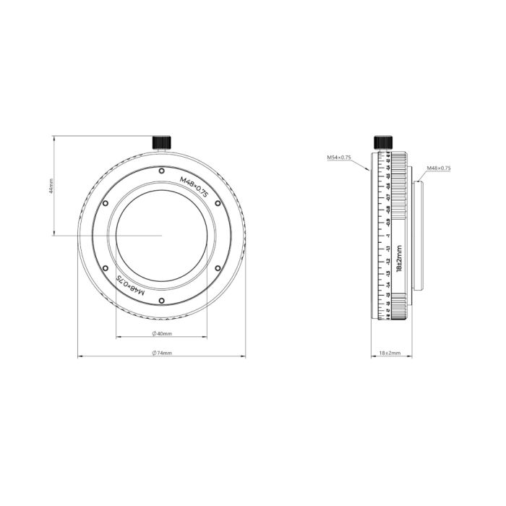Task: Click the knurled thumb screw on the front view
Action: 161,142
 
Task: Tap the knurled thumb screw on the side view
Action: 383,142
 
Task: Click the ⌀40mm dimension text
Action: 161,333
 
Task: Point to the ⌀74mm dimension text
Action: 161,353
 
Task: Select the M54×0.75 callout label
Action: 338,157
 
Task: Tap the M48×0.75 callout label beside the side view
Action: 438,168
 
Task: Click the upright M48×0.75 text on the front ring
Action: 194,188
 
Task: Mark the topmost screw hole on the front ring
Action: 161,171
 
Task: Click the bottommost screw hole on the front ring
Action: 161,300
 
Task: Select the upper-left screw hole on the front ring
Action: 106,203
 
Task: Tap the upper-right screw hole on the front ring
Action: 218,203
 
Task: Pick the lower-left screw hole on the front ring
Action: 106,267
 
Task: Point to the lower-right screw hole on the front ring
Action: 218,267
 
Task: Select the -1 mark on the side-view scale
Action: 388,236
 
